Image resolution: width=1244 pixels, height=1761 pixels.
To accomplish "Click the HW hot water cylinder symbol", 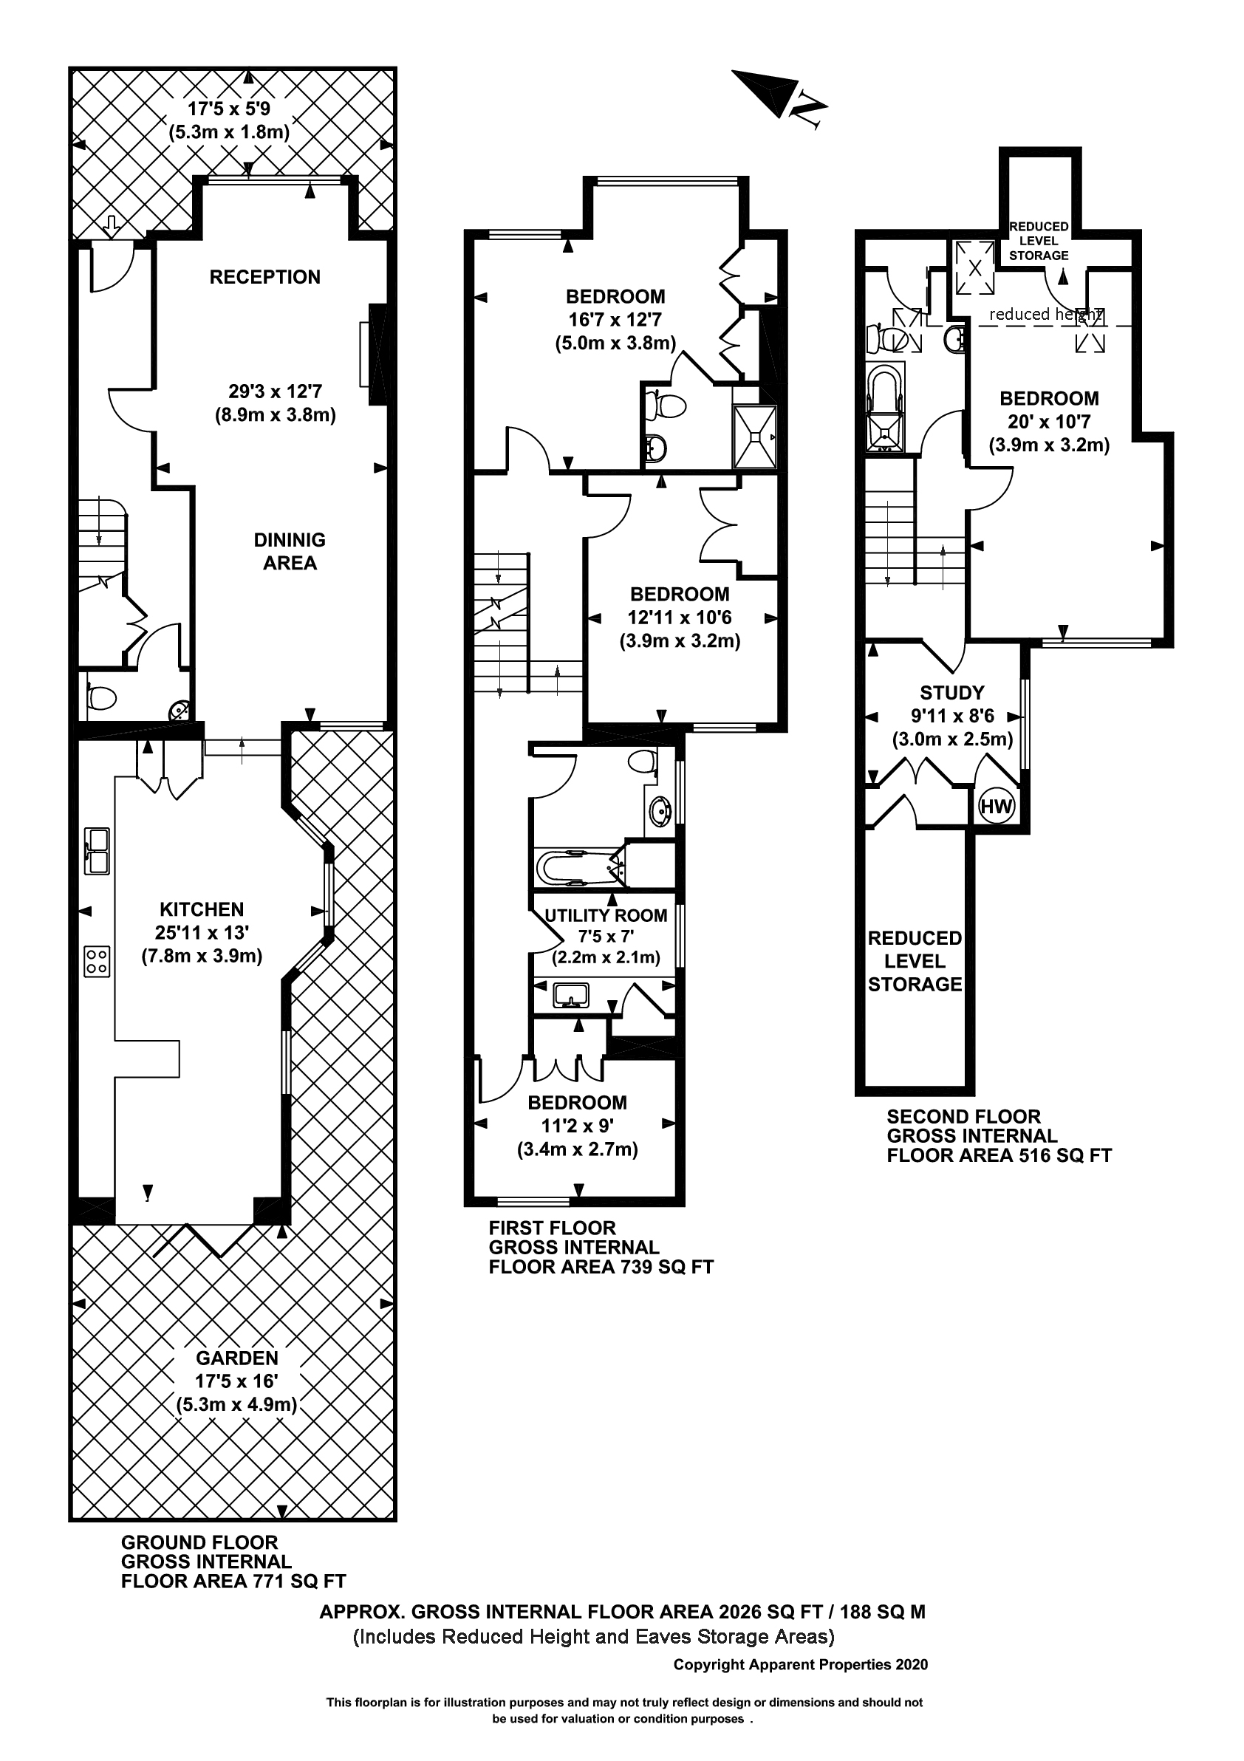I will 997,806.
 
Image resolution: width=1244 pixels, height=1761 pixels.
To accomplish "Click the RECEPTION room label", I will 264,277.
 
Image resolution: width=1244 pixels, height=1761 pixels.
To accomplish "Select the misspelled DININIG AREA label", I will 289,551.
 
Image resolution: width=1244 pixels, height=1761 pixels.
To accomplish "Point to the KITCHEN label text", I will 202,909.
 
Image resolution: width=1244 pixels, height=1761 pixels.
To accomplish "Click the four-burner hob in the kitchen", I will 97,961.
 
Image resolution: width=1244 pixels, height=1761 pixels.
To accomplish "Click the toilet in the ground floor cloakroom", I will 101,697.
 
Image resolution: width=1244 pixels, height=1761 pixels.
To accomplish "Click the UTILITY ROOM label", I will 605,915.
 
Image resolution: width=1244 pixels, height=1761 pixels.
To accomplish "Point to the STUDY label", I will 951,693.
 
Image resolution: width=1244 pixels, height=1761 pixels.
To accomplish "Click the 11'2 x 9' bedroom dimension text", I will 577,1126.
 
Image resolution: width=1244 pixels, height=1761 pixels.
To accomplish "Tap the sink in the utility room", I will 570,995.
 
